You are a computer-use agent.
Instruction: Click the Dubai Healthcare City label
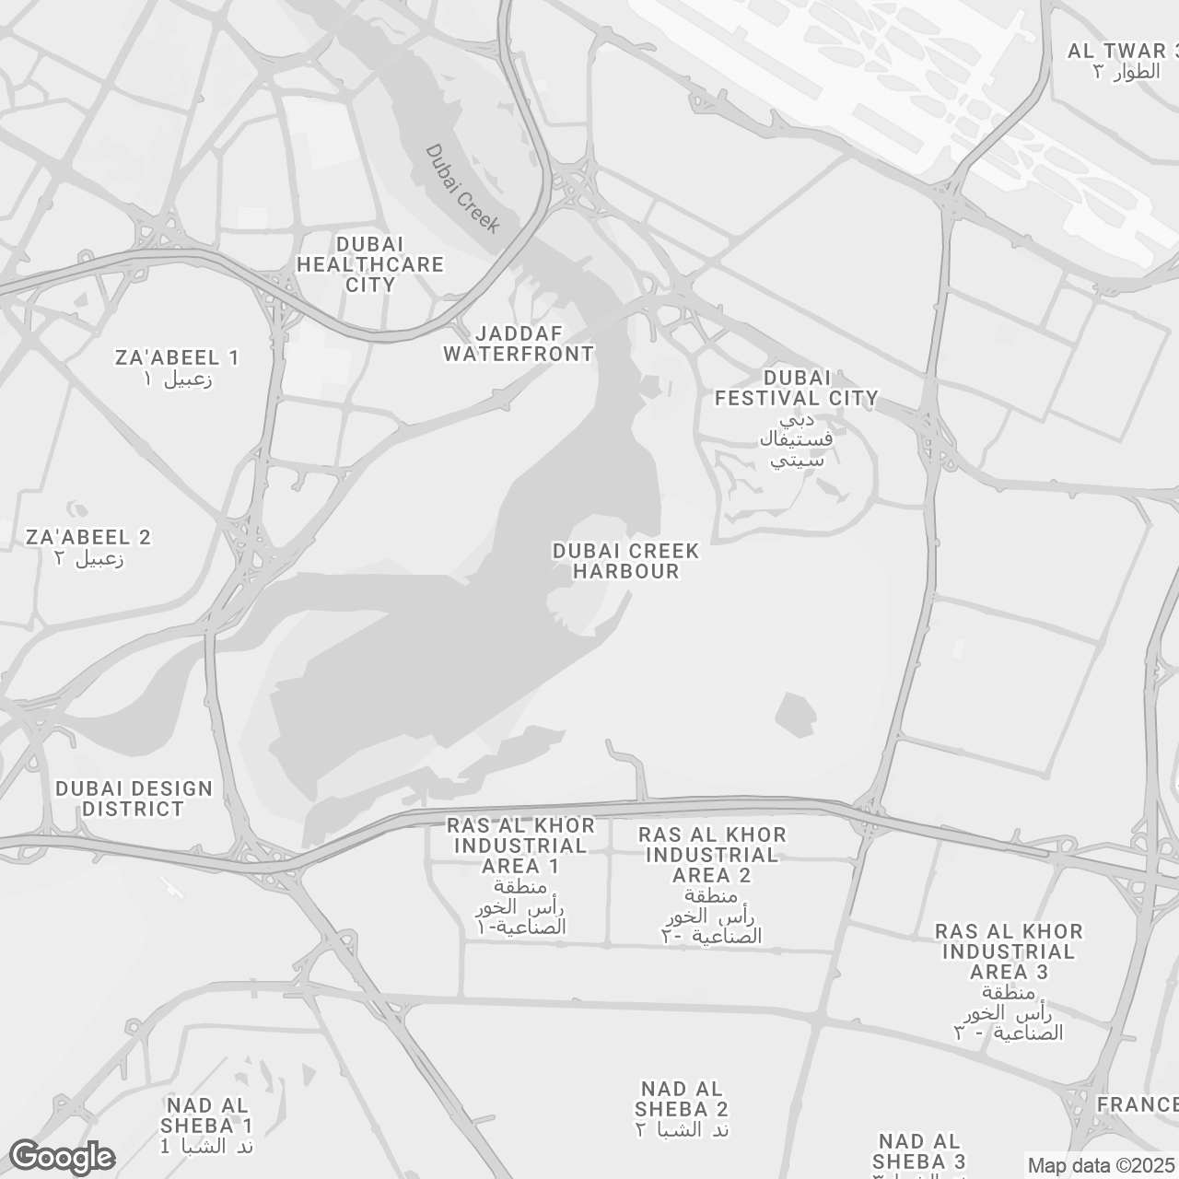[370, 264]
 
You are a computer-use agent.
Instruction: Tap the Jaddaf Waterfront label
[519, 344]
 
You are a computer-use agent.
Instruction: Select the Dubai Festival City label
[797, 388]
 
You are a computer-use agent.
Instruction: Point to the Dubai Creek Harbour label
[625, 561]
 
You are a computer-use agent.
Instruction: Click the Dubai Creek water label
[462, 189]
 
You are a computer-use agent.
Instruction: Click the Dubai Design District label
[134, 799]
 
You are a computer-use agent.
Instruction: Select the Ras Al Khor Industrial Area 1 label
[520, 846]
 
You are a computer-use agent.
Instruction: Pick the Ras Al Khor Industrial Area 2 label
[713, 855]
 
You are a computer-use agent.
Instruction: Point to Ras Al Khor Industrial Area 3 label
[1009, 951]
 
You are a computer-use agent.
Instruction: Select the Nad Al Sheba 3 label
[918, 1151]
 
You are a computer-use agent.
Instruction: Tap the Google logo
[62, 1157]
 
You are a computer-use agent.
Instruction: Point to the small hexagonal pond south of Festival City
[796, 714]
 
